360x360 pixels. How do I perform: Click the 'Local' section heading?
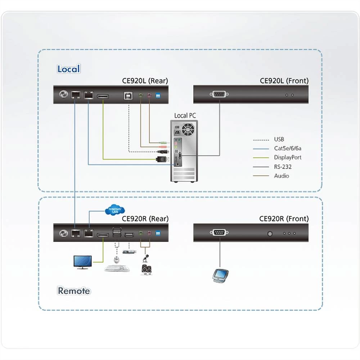tap(68, 69)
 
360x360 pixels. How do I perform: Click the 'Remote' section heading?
tap(74, 291)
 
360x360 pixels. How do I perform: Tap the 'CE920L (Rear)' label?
tap(145, 81)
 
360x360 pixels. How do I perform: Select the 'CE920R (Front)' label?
tap(284, 219)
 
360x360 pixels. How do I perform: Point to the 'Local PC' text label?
tap(186, 116)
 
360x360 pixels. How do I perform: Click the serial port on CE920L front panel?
tap(219, 95)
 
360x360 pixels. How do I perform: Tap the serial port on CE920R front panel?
tap(219, 233)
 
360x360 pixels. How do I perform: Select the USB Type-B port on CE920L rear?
tap(129, 95)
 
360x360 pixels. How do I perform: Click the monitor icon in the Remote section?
tap(82, 262)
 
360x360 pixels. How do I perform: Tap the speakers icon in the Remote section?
tap(146, 270)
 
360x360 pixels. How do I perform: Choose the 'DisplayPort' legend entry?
tap(287, 157)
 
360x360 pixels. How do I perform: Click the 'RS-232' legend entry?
tap(283, 167)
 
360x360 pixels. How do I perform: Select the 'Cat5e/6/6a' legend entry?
tap(287, 148)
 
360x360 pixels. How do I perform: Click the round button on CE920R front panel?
tap(270, 233)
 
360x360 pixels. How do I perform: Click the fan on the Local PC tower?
tap(188, 129)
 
